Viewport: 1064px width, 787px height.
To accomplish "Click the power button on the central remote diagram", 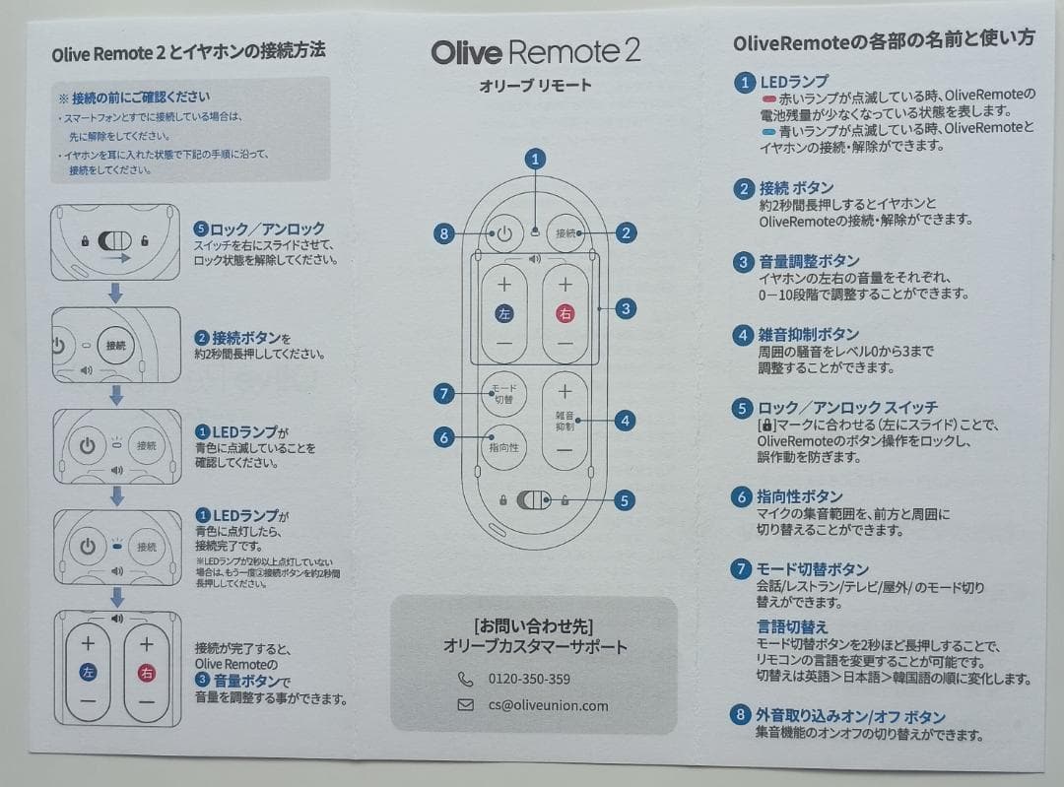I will click(504, 233).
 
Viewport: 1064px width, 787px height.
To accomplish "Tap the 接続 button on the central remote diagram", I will click(565, 233).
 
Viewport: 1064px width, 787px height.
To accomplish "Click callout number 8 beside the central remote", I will click(444, 233).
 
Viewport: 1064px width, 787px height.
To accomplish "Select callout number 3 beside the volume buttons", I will click(625, 308).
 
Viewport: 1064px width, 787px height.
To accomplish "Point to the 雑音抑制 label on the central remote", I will click(565, 422).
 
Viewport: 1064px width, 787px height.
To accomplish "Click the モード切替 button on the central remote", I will click(503, 394).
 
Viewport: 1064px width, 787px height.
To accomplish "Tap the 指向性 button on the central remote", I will click(503, 446).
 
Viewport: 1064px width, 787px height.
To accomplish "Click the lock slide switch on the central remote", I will click(534, 500).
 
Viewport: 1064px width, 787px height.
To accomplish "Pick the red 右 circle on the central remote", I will click(565, 314).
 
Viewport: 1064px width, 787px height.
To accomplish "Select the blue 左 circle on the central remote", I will click(504, 314).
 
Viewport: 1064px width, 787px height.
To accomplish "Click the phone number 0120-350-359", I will click(529, 679).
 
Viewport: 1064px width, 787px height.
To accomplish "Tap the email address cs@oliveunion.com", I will click(548, 705).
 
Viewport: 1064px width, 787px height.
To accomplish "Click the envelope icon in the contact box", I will click(466, 705).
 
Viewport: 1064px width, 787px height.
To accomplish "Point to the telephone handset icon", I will click(466, 679).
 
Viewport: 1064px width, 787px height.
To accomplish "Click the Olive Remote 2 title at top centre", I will click(536, 52).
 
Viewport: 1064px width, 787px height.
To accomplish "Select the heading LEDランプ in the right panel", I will click(794, 82).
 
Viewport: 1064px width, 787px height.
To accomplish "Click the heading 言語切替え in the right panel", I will click(792, 627).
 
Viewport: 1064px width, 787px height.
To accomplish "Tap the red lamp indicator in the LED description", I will click(768, 100).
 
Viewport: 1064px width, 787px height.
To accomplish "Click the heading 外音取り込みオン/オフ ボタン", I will click(850, 716).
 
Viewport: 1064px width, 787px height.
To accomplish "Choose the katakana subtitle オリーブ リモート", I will click(536, 86).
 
